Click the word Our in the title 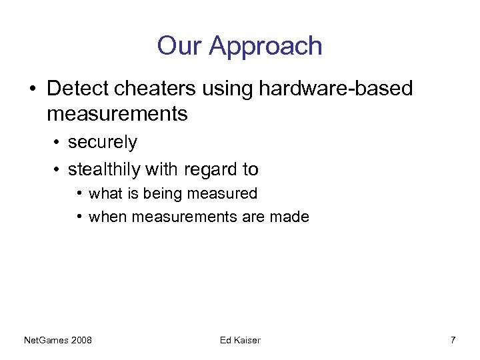coord(179,46)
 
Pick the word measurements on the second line coord(117,114)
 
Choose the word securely coord(103,143)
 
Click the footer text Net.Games coord(45,341)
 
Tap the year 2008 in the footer coord(81,341)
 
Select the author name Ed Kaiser coord(240,341)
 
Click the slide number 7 coord(453,341)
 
